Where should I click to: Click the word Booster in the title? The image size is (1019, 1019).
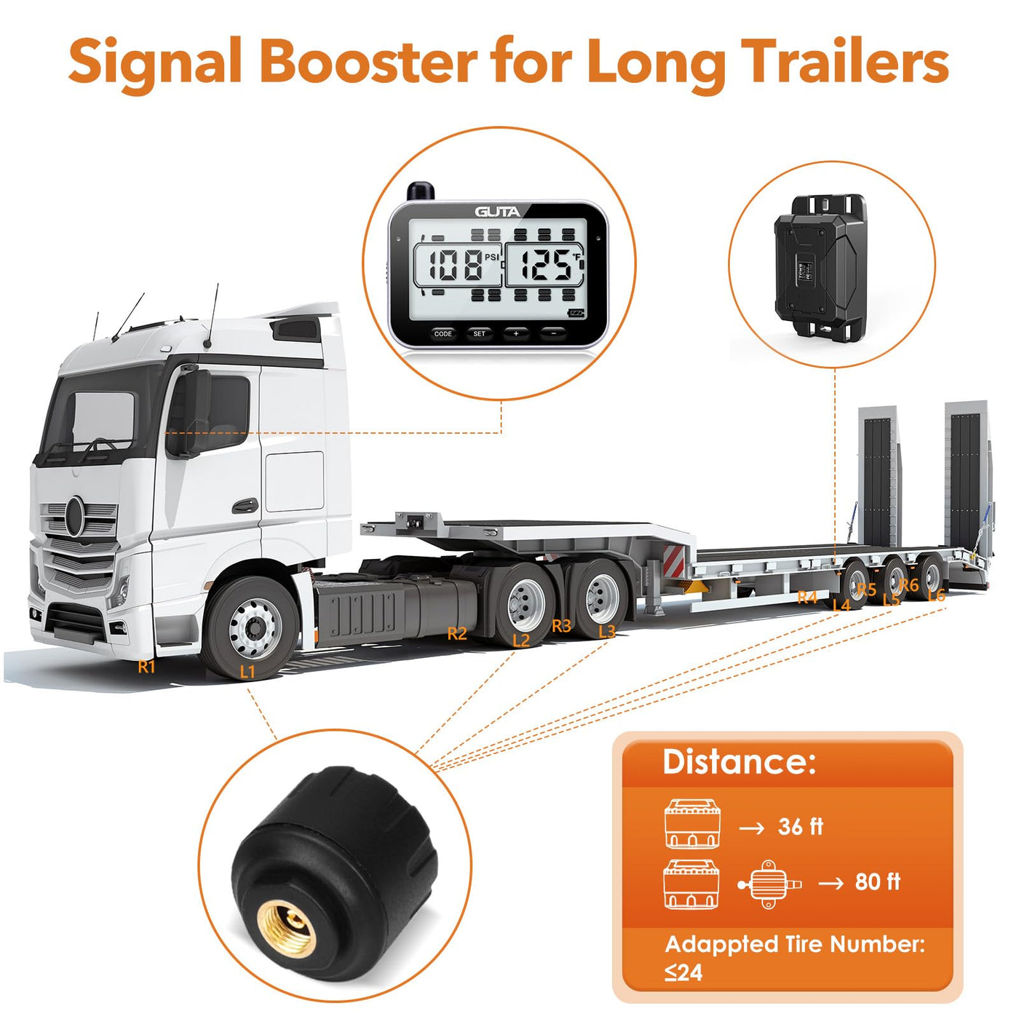[x=368, y=62]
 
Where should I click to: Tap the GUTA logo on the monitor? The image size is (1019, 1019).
[x=498, y=212]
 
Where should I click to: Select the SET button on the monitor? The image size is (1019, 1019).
[x=479, y=333]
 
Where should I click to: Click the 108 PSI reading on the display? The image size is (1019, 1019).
[x=457, y=265]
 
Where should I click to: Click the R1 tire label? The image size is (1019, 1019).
[x=147, y=666]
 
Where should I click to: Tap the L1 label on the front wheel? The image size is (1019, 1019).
[x=247, y=671]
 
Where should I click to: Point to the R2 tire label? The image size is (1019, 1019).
[x=457, y=634]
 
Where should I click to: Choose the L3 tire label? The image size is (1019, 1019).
[x=606, y=631]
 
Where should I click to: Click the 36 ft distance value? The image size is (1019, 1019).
[x=800, y=827]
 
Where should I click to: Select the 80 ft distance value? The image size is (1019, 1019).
[x=877, y=882]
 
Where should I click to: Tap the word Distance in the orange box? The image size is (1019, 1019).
[x=739, y=762]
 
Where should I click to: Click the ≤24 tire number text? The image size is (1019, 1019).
[x=683, y=972]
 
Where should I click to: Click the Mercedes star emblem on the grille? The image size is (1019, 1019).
[x=75, y=515]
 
